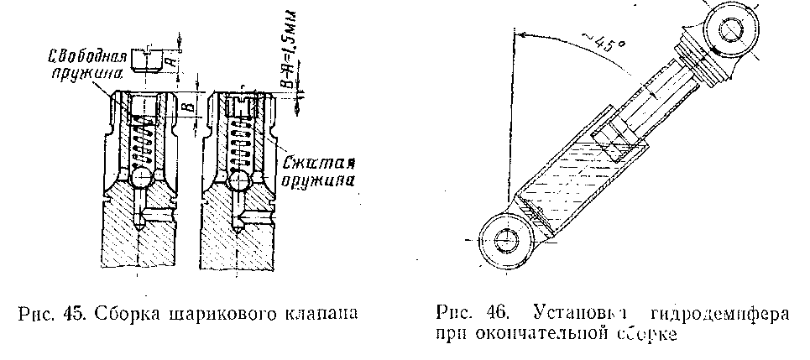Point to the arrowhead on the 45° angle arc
click(x=520, y=34)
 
